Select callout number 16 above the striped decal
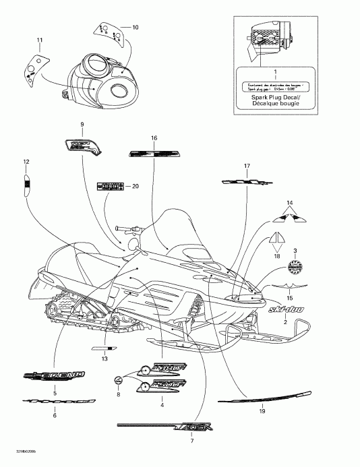pos(154,138)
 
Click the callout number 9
pos(82,125)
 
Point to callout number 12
pos(26,162)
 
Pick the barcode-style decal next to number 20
pos(111,187)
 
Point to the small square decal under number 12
pos(27,183)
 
